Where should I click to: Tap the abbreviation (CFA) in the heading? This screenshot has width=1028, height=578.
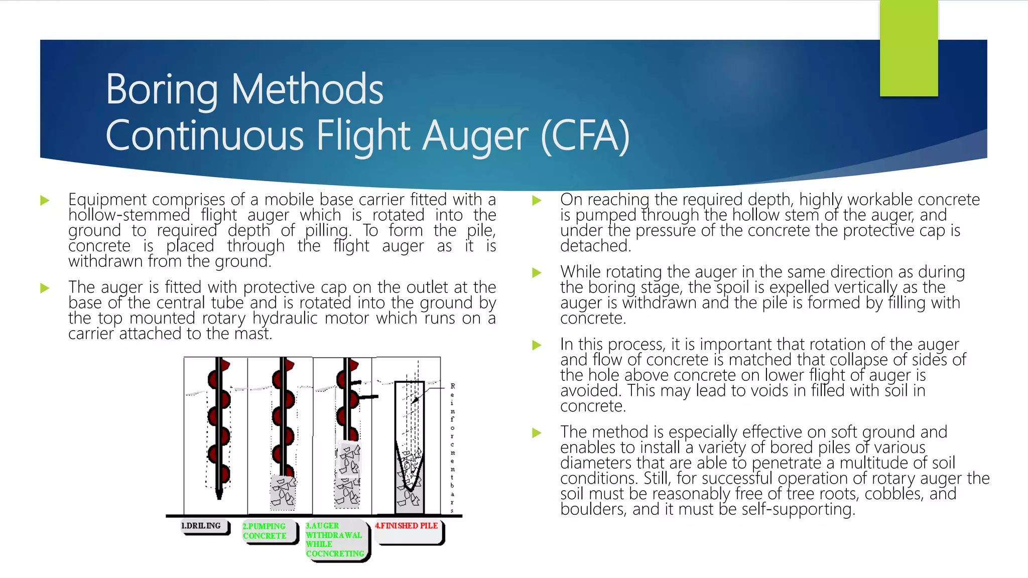[585, 136]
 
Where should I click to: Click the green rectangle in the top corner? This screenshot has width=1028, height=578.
[909, 48]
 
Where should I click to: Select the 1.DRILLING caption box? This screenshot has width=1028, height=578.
[205, 527]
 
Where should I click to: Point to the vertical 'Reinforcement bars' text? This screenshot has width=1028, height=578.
[452, 448]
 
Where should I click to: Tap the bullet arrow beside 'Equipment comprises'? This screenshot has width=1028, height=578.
[45, 201]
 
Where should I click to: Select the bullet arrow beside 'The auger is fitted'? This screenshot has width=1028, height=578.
[45, 288]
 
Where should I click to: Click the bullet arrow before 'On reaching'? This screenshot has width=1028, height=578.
[537, 201]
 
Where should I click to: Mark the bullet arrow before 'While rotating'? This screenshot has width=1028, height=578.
[537, 273]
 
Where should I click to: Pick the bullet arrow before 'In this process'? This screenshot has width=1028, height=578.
[537, 345]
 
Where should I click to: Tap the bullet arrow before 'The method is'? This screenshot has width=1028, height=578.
[537, 432]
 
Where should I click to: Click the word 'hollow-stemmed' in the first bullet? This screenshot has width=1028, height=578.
[129, 215]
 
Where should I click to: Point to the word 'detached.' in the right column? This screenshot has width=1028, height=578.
[595, 246]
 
